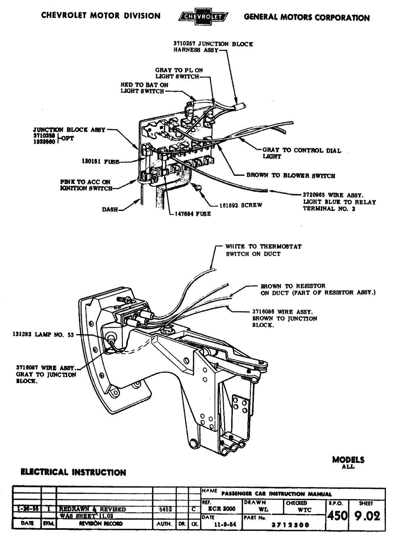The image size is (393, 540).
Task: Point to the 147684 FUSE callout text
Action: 193,214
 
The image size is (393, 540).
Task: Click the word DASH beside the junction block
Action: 110,209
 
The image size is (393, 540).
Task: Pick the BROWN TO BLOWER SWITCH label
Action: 291,175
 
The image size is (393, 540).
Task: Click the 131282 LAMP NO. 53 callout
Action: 42,335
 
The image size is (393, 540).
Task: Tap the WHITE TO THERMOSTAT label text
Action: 263,246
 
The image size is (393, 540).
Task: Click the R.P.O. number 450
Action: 337,516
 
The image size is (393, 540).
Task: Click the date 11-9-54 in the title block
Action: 222,525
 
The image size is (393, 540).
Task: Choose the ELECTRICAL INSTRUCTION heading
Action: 73,472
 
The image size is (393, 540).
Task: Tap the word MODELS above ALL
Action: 348,460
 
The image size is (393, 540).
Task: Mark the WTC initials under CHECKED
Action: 305,510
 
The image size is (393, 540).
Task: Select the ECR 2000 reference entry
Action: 222,509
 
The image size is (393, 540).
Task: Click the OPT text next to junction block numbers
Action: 68,138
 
